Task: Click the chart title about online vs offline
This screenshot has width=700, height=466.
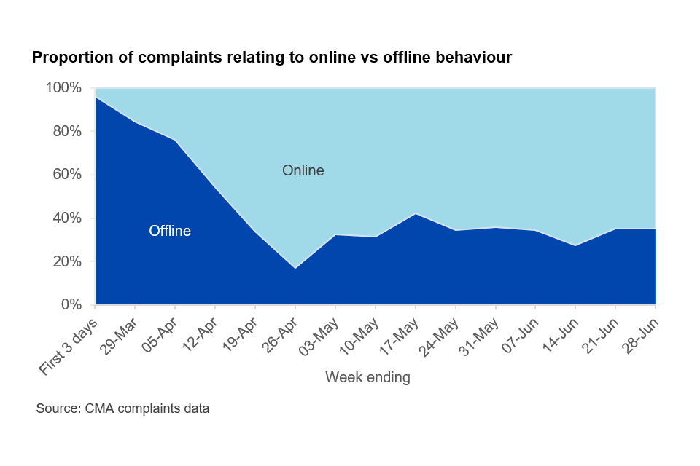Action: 271,58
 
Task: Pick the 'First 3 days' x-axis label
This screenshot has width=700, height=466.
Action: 69,346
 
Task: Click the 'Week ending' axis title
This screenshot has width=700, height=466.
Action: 367,377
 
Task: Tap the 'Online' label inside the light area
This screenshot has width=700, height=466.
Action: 303,171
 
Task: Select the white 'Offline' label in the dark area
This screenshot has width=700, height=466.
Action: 170,232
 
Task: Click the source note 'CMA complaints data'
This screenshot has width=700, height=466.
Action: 122,408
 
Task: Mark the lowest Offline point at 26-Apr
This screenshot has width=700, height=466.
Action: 295,269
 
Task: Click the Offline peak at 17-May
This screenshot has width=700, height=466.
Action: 416,213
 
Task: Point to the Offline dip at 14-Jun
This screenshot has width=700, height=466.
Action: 576,245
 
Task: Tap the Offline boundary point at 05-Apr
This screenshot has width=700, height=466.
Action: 175,140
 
